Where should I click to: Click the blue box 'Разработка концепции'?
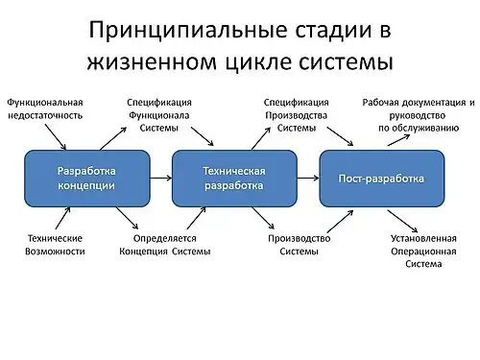click(x=87, y=178)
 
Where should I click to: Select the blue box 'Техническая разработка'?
click(x=233, y=178)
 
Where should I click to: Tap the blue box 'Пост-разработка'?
click(x=381, y=178)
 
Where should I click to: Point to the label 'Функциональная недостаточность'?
click(x=45, y=108)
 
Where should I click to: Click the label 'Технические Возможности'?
click(x=55, y=244)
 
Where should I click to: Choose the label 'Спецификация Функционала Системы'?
click(x=159, y=114)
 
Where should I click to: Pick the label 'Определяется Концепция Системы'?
click(x=157, y=244)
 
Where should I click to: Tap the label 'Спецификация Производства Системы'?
click(x=297, y=114)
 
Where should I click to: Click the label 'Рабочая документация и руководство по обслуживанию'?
click(x=419, y=114)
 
